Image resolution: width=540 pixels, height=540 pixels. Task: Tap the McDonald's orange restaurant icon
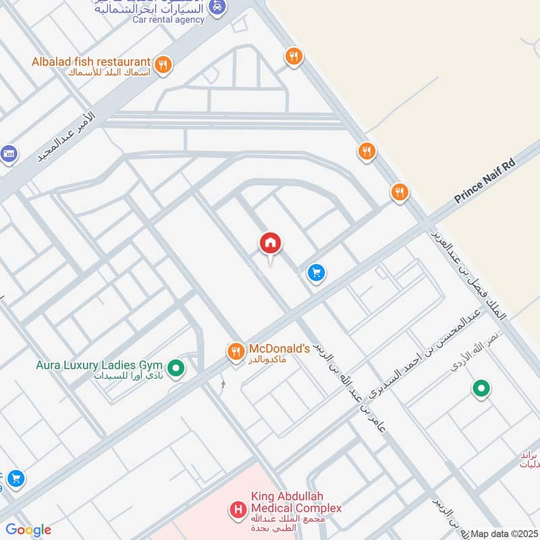[x=235, y=351]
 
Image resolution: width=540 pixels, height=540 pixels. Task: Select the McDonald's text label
[x=279, y=349]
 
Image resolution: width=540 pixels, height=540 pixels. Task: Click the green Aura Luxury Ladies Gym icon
[x=176, y=368]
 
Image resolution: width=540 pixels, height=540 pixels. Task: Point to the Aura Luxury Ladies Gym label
[x=102, y=367]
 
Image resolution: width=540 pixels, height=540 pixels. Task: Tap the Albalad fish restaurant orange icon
[x=163, y=65]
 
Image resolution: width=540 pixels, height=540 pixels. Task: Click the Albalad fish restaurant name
[x=90, y=62]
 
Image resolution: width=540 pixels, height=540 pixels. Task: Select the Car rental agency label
[x=168, y=20]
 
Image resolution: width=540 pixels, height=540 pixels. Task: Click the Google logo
[x=28, y=530]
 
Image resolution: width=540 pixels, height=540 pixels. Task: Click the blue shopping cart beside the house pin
[x=316, y=273]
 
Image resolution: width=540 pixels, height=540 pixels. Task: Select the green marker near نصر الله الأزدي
[x=481, y=388]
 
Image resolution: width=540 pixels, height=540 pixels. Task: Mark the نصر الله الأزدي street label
[x=477, y=351]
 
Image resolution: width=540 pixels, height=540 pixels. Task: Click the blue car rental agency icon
[x=216, y=7]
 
